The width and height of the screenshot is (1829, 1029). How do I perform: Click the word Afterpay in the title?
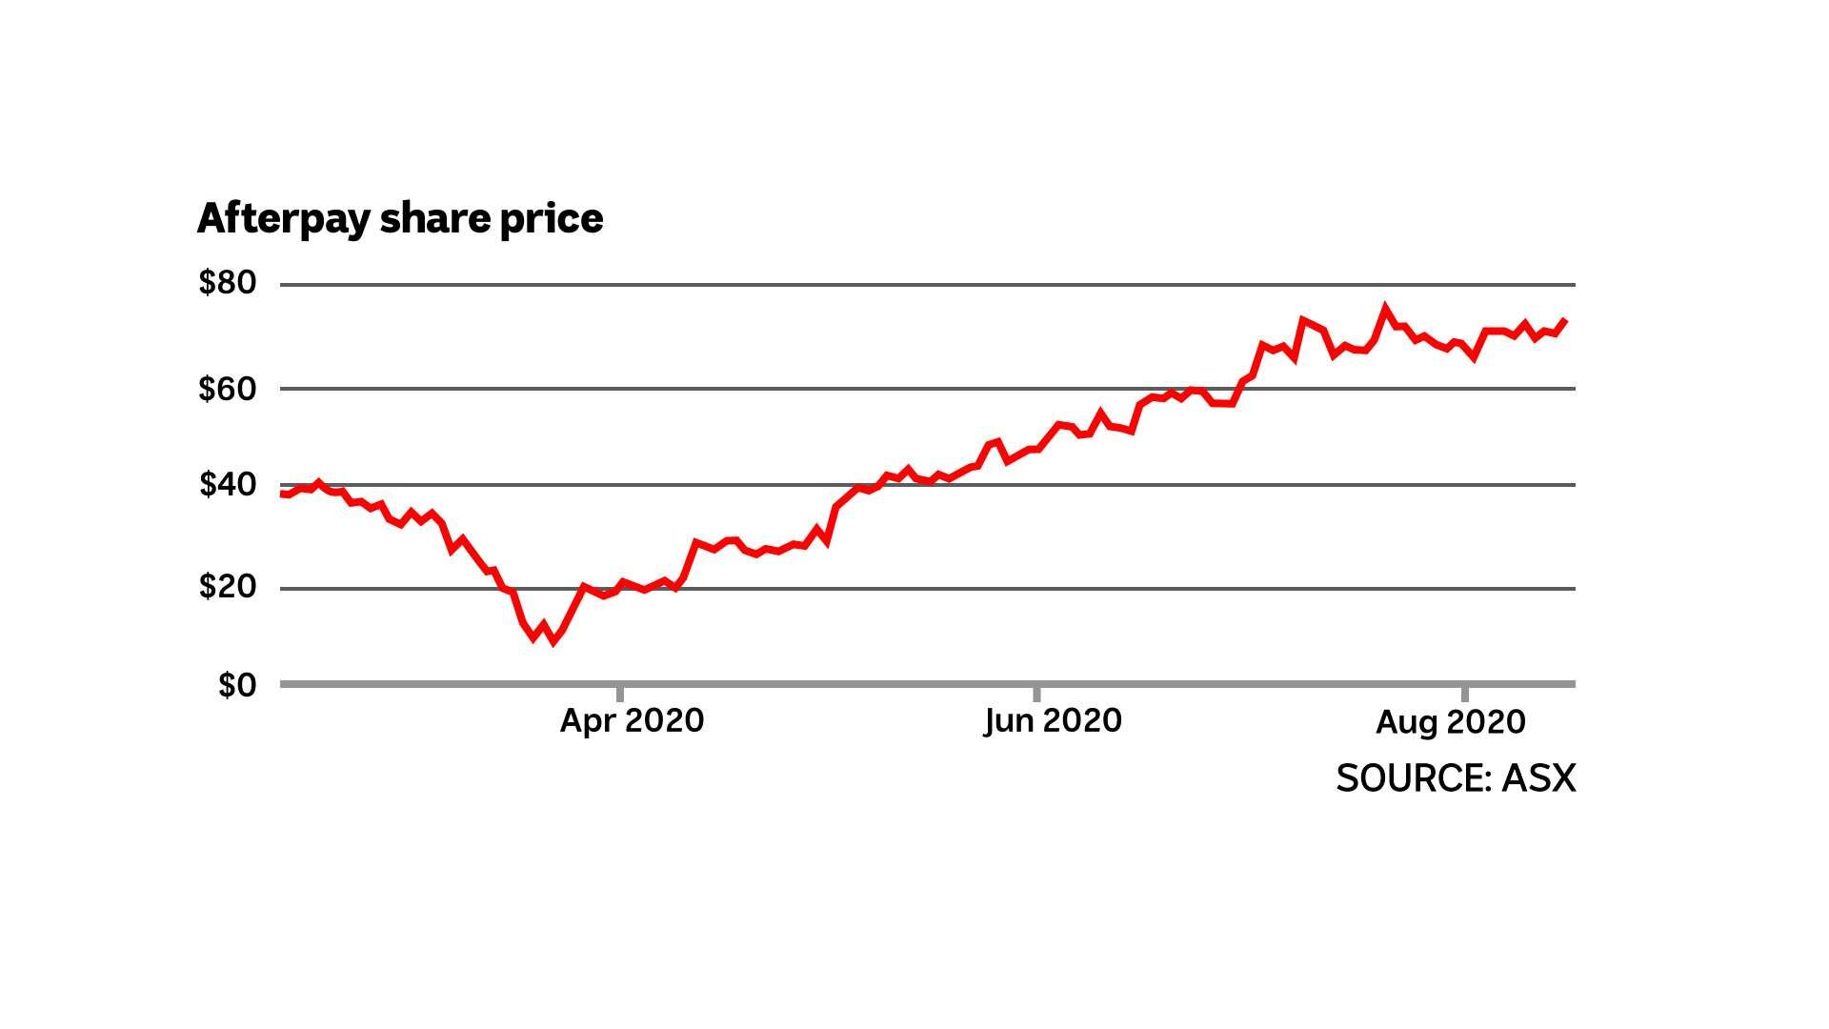tap(283, 219)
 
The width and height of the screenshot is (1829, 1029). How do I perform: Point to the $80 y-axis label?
tap(228, 283)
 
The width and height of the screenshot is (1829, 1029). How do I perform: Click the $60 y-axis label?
tap(228, 389)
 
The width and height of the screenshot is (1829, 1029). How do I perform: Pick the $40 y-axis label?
tap(228, 485)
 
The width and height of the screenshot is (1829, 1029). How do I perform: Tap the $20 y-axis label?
tap(228, 586)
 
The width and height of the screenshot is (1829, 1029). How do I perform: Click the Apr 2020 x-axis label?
tap(632, 720)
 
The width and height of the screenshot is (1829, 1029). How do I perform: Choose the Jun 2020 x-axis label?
tap(1053, 720)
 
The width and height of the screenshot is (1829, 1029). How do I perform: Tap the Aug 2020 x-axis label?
tap(1450, 722)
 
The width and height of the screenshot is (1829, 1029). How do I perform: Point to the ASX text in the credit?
tap(1538, 778)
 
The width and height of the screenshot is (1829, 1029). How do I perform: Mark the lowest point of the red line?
tap(553, 641)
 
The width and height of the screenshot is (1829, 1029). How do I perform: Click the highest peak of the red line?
tap(1385, 308)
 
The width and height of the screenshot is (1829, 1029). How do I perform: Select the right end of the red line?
tap(1566, 320)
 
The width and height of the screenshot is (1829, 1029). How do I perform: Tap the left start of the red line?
tap(282, 494)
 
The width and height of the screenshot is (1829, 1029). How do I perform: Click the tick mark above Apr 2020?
tap(620, 694)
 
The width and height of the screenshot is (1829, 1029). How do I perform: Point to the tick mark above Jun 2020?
tap(1036, 694)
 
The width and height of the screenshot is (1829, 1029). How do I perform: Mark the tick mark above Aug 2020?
tap(1464, 694)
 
